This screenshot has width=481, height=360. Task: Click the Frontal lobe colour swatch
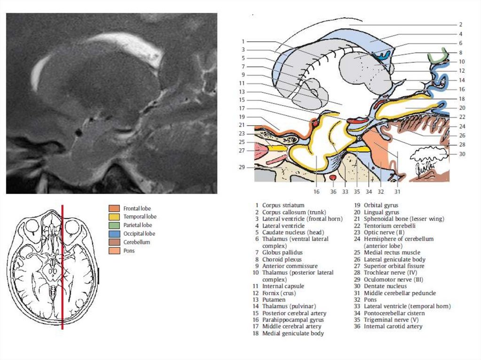(x=114, y=208)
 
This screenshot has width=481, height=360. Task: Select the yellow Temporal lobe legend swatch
(x=114, y=216)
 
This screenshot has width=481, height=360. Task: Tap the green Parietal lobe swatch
(x=114, y=225)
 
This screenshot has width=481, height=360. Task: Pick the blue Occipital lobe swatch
(x=114, y=233)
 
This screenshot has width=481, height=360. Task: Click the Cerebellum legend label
(x=137, y=242)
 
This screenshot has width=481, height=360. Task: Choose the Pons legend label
(x=130, y=251)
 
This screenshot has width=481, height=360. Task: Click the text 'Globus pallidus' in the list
(x=282, y=253)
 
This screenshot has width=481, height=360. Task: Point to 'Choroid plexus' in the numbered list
(x=282, y=259)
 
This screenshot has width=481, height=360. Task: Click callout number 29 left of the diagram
(x=242, y=168)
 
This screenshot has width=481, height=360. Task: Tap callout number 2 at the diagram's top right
(x=461, y=24)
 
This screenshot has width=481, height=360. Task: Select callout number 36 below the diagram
(x=333, y=191)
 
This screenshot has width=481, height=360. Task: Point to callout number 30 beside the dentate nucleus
(x=462, y=154)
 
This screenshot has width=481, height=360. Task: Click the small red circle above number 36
(x=333, y=178)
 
